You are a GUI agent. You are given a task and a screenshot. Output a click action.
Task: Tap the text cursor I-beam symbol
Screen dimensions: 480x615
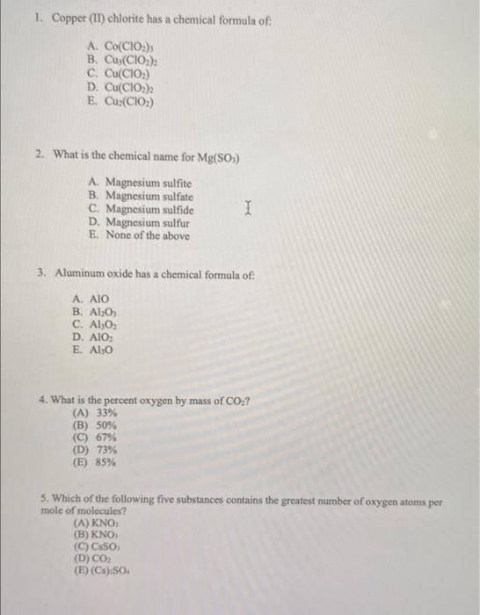point(250,209)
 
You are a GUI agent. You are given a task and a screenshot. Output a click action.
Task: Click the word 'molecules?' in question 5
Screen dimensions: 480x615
point(100,510)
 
